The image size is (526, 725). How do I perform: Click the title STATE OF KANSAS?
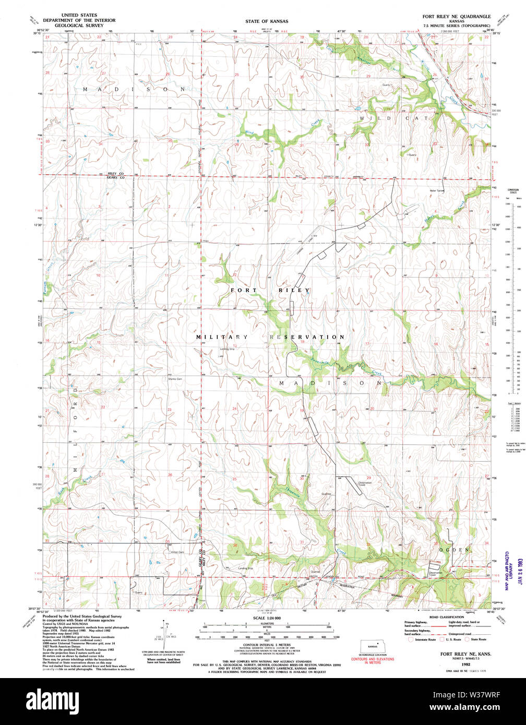pos(267,21)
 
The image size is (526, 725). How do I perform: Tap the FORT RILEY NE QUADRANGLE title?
pos(456,16)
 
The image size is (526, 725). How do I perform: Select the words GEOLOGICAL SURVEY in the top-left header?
pos(75,25)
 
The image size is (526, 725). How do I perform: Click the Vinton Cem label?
pos(177,552)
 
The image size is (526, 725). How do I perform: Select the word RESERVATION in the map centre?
pos(307,337)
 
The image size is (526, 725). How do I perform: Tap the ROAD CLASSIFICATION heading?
pos(445,617)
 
